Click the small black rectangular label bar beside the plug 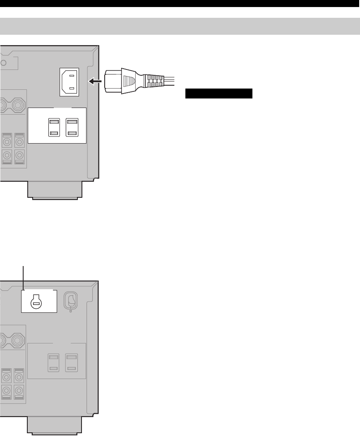(218, 94)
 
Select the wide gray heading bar (180, 26)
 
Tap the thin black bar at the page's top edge (180, 3)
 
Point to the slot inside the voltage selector (36, 304)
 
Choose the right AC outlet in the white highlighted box (72, 127)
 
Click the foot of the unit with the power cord (55, 190)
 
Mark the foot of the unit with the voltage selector (55, 426)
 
